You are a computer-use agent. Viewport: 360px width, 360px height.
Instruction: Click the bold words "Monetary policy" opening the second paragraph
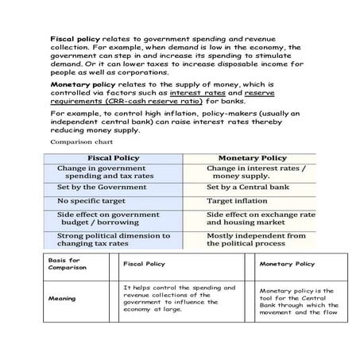(78, 83)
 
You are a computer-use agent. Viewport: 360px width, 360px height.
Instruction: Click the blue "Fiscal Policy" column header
(112, 158)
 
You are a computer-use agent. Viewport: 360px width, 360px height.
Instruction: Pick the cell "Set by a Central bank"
(246, 188)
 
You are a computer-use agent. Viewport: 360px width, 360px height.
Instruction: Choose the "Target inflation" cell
(238, 201)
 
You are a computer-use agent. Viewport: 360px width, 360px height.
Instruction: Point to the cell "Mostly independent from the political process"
(256, 240)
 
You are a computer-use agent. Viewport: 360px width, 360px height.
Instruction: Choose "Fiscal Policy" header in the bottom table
(145, 264)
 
